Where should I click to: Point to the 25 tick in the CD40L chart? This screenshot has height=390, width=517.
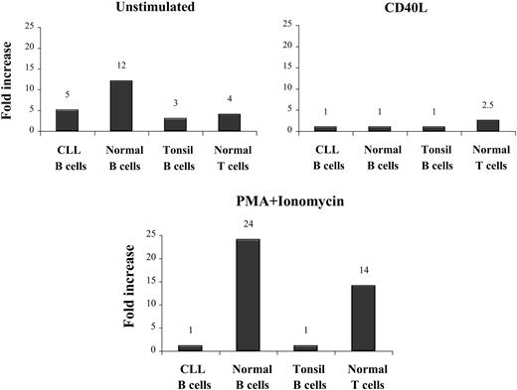coord(288,23)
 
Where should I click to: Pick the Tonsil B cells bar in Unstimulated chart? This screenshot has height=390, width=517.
coord(175,124)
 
